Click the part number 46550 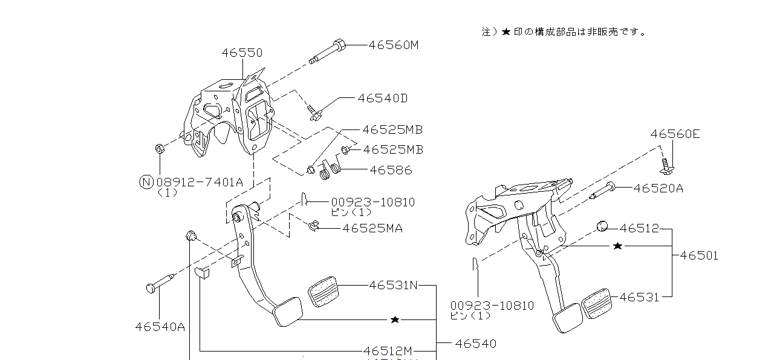coord(242,53)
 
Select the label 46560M coord(393,45)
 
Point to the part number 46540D coord(382,98)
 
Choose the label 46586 coord(390,170)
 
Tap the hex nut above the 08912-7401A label coord(160,148)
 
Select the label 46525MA coord(372,228)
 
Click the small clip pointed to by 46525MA coord(313,226)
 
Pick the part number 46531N coord(393,285)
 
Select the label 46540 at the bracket coord(475,344)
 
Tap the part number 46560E coord(675,134)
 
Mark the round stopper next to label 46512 coord(602,226)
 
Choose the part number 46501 coord(699,255)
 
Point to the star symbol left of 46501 coord(617,246)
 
